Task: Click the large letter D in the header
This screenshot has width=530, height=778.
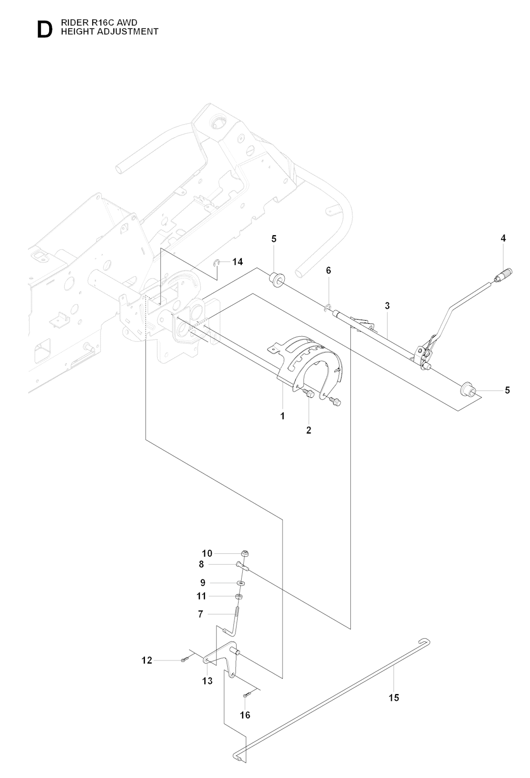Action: pos(45,30)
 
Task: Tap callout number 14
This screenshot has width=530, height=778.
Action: pos(238,262)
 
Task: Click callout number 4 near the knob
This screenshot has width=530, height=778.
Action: pos(503,238)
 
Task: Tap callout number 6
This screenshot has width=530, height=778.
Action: pos(328,270)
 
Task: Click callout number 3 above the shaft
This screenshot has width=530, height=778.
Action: pos(387,306)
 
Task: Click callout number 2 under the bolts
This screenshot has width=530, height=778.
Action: pos(309,430)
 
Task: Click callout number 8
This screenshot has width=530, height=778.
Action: pos(201,565)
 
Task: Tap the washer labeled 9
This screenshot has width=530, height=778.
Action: pos(242,583)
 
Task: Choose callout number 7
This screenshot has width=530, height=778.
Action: pos(200,614)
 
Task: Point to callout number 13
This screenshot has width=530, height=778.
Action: pos(208,681)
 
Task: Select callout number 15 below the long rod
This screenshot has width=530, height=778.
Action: pos(394,698)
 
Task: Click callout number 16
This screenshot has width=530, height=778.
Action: pos(245,715)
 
